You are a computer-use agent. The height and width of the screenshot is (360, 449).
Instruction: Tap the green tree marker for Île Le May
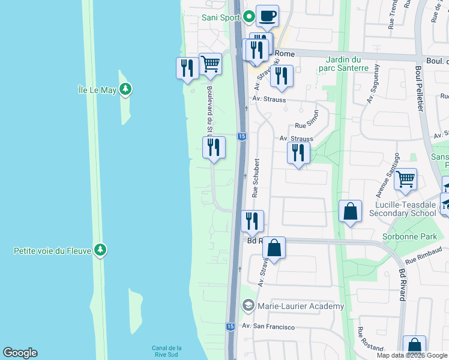tap(125, 90)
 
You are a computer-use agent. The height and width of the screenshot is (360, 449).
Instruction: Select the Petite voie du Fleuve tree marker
tap(100, 250)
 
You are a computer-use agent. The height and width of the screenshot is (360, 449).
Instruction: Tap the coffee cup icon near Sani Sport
tap(267, 15)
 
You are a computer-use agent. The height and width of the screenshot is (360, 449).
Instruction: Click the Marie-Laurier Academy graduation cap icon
tap(247, 306)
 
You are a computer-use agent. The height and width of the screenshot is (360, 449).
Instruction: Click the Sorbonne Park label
tap(410, 236)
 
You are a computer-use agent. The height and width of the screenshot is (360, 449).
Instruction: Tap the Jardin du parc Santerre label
tap(347, 64)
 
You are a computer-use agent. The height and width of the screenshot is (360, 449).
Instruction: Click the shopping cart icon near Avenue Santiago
tap(406, 179)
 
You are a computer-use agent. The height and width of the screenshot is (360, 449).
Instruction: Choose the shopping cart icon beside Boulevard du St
tap(210, 64)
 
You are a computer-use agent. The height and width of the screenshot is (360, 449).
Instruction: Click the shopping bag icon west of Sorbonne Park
tap(350, 212)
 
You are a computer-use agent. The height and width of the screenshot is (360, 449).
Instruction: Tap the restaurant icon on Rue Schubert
tap(252, 220)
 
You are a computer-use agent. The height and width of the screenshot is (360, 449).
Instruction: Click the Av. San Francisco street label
tap(268, 326)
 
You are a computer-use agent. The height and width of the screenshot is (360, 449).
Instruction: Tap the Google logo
tap(20, 353)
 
